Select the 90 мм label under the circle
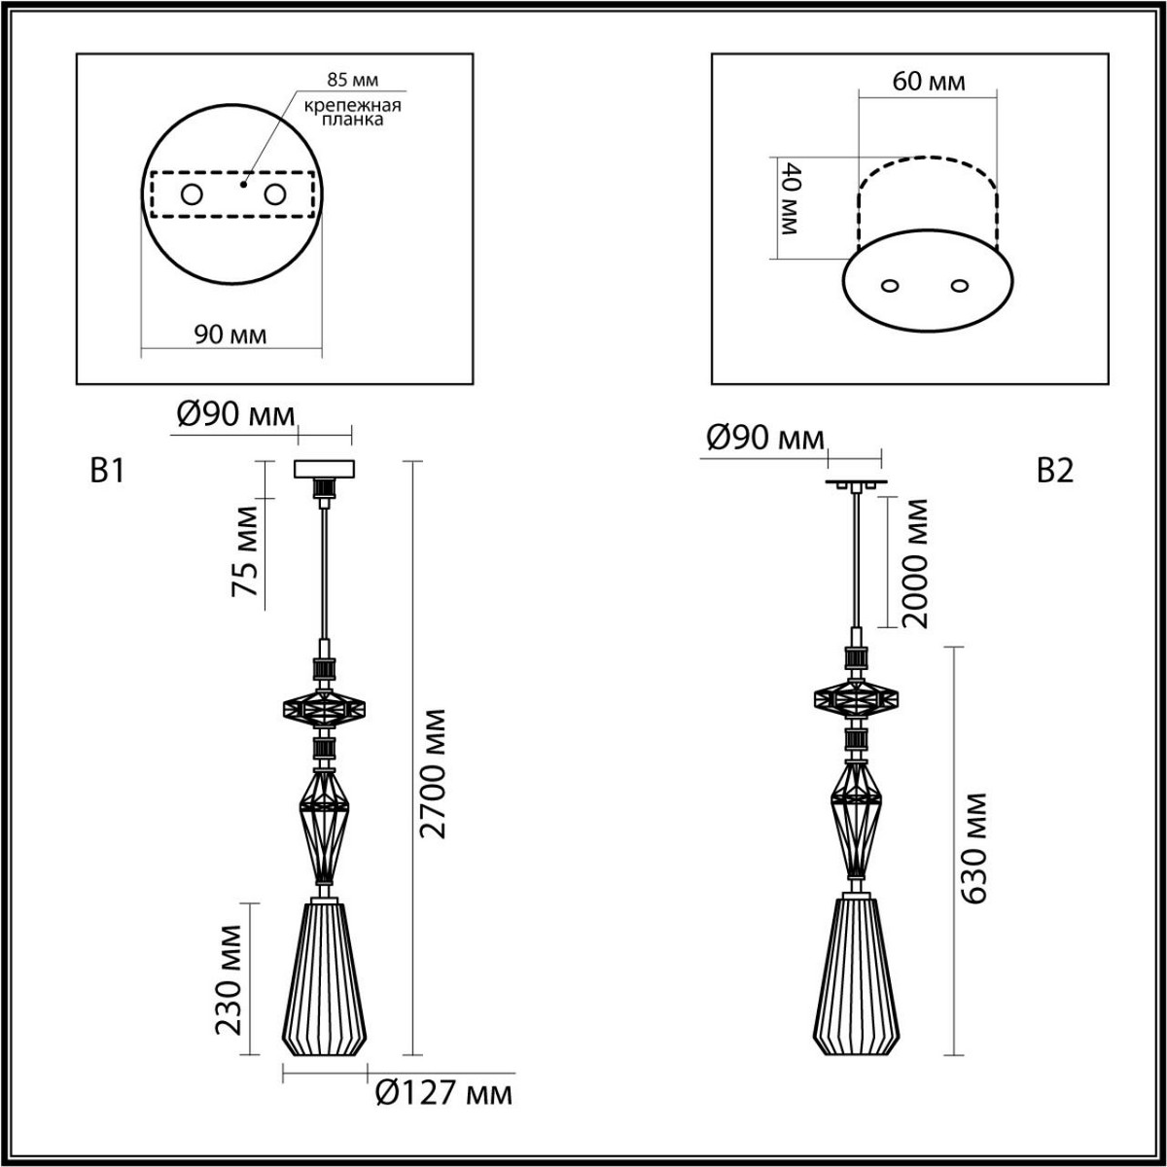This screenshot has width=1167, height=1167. click(x=230, y=335)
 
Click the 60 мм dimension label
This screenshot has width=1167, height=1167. click(x=929, y=81)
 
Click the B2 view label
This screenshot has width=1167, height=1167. click(x=1054, y=472)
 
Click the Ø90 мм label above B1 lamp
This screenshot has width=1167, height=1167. click(x=234, y=415)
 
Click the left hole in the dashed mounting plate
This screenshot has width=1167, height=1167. click(x=192, y=194)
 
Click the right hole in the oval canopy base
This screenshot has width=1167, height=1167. click(x=961, y=286)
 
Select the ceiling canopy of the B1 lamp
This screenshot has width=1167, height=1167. click(x=325, y=469)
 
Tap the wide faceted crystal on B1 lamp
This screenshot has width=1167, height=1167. click(x=324, y=708)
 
